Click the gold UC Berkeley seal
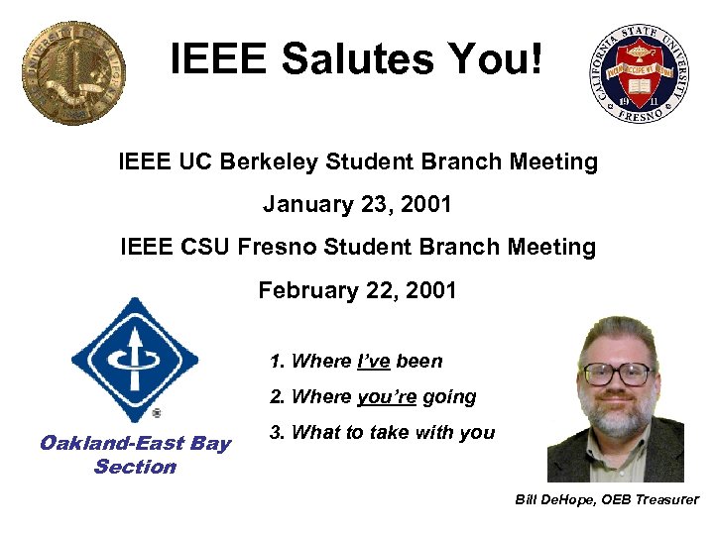[73, 74]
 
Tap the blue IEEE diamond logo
[135, 358]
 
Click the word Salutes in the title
[360, 58]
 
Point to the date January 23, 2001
[357, 205]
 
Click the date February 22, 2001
[357, 290]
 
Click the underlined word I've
[373, 362]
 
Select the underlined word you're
[387, 397]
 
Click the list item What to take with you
[393, 433]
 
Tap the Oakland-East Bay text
[135, 443]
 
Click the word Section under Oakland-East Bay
[135, 467]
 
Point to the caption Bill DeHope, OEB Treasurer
[607, 499]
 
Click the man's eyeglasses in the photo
[618, 374]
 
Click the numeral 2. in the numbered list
[278, 397]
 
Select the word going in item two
[449, 397]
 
